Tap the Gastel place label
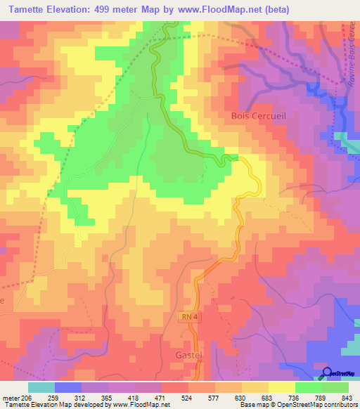tap(186, 356)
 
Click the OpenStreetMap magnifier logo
tap(328, 372)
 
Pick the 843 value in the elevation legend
tap(347, 398)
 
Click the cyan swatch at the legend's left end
tap(41, 387)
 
